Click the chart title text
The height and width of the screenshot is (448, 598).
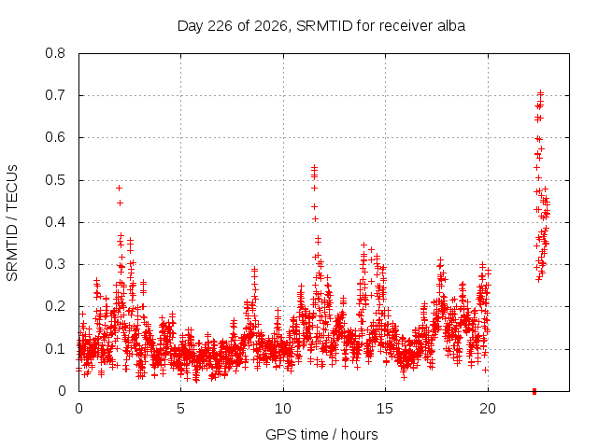click(x=321, y=26)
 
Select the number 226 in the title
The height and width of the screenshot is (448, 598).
click(x=221, y=26)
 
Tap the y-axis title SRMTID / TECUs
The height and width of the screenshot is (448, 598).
click(x=12, y=223)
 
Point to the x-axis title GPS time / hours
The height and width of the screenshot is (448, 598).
click(x=321, y=434)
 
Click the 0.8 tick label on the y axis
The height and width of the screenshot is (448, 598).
click(x=55, y=53)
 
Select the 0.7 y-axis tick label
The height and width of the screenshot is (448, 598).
click(x=55, y=95)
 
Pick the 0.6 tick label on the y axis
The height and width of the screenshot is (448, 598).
click(x=55, y=137)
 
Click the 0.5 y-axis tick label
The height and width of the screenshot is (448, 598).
click(x=55, y=180)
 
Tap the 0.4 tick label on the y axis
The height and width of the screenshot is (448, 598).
click(x=55, y=222)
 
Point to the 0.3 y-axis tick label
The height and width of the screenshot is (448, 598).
click(x=55, y=264)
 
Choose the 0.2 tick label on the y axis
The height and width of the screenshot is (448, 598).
click(x=55, y=306)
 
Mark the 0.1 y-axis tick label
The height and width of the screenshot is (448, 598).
click(x=55, y=348)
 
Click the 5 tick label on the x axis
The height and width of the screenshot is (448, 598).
click(x=180, y=409)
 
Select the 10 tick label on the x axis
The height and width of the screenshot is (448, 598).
click(x=283, y=409)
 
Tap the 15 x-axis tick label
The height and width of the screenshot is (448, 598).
click(x=385, y=409)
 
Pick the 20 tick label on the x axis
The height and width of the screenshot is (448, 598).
click(x=488, y=409)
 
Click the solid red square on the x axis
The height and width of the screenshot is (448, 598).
click(x=534, y=391)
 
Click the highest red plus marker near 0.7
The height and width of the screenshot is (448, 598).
click(x=540, y=93)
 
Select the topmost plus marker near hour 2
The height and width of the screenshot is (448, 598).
click(x=119, y=189)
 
